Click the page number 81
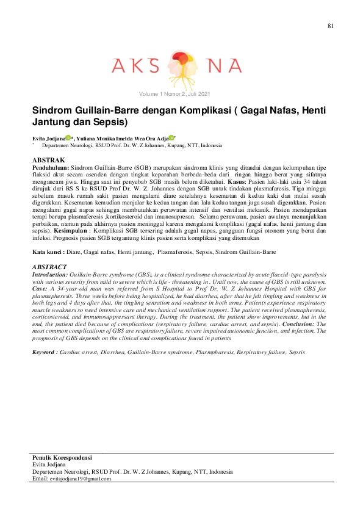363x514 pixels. pos(331,26)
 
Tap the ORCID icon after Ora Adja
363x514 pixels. pos(173,139)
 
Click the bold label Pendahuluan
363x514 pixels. pos(50,167)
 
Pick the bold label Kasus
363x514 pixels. pos(237,181)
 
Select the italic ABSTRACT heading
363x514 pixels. pos(49,267)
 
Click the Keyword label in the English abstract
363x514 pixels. pos(45,352)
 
